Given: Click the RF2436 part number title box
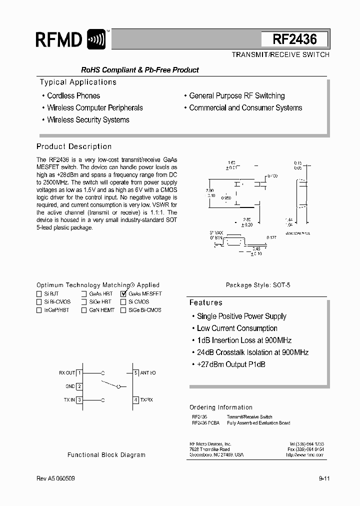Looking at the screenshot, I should (x=294, y=39).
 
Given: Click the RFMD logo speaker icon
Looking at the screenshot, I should (x=96, y=39).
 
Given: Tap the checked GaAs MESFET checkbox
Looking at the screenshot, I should (x=124, y=294).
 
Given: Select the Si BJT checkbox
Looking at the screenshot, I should (x=39, y=294).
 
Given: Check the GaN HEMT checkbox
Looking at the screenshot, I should (x=84, y=310).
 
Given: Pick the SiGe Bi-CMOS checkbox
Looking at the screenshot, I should (x=123, y=310).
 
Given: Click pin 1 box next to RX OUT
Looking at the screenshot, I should (x=79, y=372).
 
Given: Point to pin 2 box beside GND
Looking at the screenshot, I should (x=79, y=386).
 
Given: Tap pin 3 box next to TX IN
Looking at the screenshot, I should (x=79, y=399).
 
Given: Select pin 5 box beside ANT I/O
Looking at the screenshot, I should (x=135, y=372).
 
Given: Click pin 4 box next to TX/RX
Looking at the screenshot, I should (x=135, y=399).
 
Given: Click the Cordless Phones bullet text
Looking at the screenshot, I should (x=73, y=95).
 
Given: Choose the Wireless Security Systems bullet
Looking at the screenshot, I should (x=88, y=120).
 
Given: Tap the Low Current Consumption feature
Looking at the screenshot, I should (x=237, y=328).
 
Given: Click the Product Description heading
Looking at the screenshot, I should (x=74, y=146).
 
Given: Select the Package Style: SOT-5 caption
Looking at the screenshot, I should (x=258, y=285).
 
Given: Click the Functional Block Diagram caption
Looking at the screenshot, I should (x=106, y=455).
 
